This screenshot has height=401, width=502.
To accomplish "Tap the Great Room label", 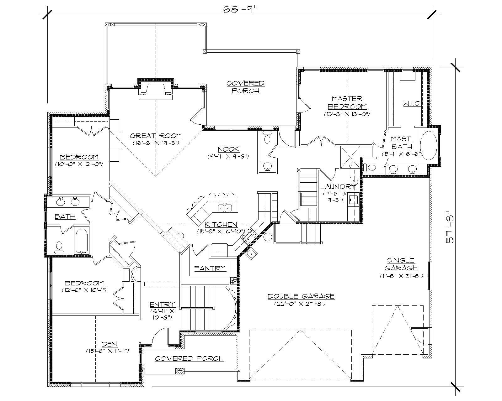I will pos(156,136).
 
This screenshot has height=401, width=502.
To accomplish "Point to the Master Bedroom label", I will pos(347,102).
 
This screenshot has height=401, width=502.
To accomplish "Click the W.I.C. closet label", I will pos(411,103).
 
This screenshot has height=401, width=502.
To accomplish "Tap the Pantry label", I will pos(210,268).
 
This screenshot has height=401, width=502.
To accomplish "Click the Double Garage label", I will pos(301,296).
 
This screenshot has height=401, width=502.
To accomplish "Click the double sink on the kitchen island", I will pos(225,207).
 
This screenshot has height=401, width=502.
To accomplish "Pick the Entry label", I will pos(162,304).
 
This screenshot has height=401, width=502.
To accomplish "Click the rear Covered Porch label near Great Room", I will pos(245,87).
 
